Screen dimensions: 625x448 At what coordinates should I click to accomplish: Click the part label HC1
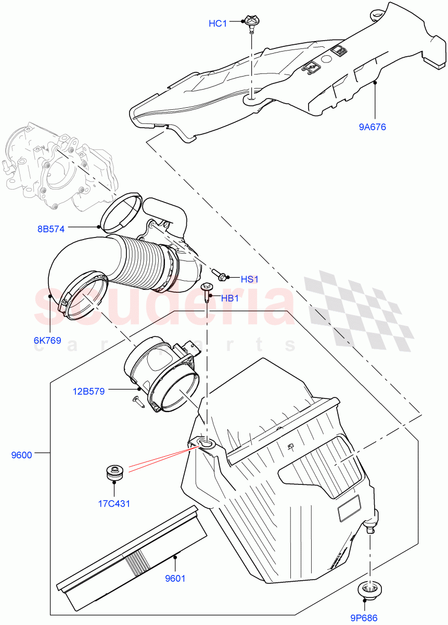217,23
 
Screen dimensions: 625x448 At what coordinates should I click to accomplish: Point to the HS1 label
250,279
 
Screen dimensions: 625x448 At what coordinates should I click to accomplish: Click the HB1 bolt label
230,298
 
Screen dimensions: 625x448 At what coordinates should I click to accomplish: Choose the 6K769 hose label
47,341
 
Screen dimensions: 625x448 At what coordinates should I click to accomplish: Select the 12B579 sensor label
88,391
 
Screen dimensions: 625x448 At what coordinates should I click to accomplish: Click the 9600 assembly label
22,455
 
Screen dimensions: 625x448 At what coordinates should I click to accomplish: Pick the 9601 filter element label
175,578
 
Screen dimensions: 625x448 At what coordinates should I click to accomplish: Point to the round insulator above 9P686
369,591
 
